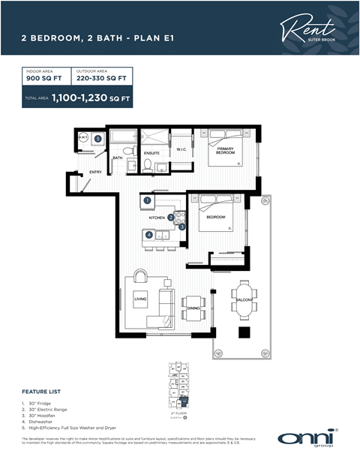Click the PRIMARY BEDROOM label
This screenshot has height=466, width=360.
[226, 149]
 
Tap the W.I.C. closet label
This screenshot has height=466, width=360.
[181, 149]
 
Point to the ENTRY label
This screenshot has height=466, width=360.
[96, 172]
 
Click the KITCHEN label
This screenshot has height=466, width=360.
[157, 217]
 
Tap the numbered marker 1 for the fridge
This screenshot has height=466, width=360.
[148, 200]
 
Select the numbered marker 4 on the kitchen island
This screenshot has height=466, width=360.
[149, 235]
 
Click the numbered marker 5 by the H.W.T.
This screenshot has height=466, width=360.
[97, 139]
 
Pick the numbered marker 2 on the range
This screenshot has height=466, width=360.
[172, 217]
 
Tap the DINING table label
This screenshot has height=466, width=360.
[193, 307]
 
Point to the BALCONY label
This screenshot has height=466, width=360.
[244, 300]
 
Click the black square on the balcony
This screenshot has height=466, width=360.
[244, 332]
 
